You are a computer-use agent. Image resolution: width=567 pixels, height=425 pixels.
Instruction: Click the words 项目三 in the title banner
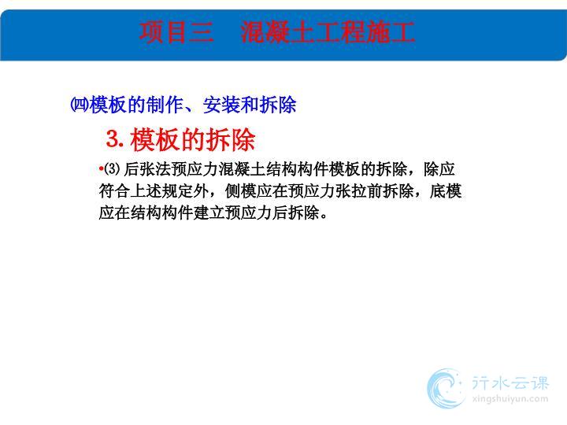pyautogui.click(x=176, y=31)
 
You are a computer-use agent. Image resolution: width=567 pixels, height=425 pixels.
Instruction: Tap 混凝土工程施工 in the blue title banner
pyautogui.click(x=328, y=31)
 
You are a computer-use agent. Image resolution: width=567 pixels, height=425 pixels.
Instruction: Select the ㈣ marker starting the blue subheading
pyautogui.click(x=80, y=105)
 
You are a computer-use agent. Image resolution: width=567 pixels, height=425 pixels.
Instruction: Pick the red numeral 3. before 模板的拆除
pyautogui.click(x=115, y=139)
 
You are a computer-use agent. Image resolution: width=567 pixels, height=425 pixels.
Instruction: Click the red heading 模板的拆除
pyautogui.click(x=193, y=139)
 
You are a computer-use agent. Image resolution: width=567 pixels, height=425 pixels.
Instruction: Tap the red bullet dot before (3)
pyautogui.click(x=101, y=168)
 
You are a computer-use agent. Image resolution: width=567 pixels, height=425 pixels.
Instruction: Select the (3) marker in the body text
pyautogui.click(x=112, y=168)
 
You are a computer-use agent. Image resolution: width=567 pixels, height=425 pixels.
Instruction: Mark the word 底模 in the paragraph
pyautogui.click(x=446, y=190)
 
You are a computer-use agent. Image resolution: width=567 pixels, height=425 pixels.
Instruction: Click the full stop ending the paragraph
pyautogui.click(x=324, y=216)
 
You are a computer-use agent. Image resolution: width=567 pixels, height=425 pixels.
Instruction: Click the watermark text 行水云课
pyautogui.click(x=510, y=383)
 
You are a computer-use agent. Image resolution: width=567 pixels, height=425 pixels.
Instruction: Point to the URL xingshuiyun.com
pyautogui.click(x=510, y=399)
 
